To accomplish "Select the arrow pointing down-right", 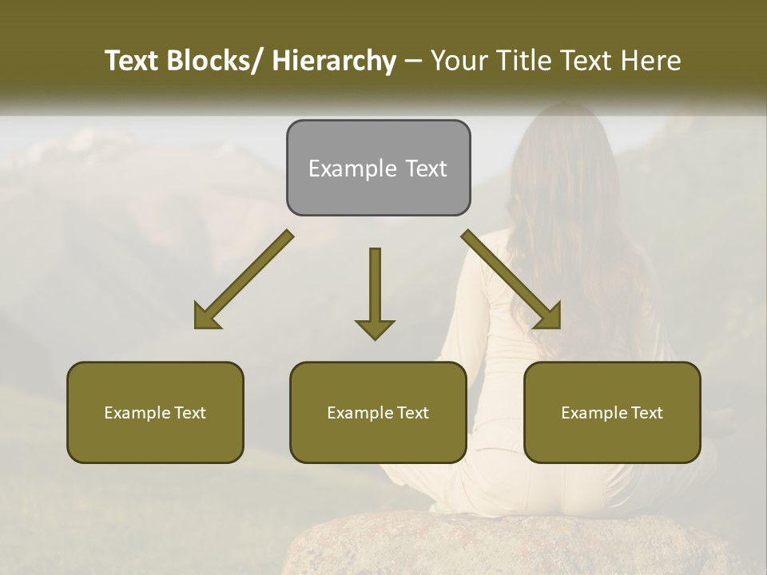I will pos(512,280).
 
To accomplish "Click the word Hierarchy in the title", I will pos(334,61).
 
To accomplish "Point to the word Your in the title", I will pos(458,61).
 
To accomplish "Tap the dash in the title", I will pos(413,61).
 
